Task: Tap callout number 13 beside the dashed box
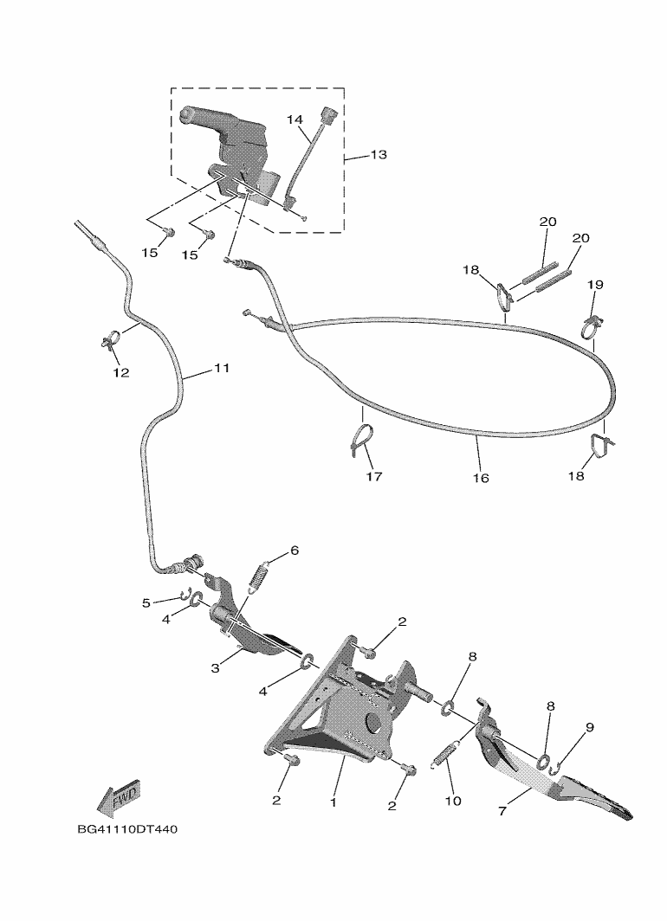point(379,155)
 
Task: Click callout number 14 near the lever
point(294,119)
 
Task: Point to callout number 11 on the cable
point(222,369)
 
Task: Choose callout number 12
point(120,373)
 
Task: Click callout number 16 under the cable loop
point(481,478)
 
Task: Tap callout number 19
point(595,285)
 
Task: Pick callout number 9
point(589,728)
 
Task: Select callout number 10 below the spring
point(452,802)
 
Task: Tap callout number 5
point(147,602)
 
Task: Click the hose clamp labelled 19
point(591,326)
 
